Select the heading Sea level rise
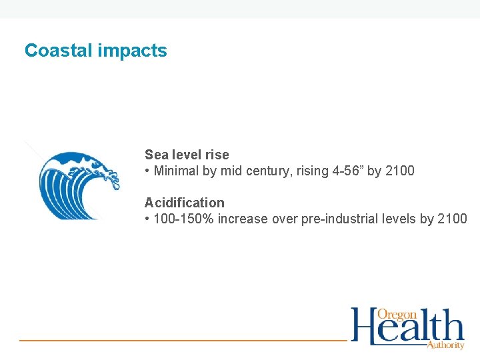187,155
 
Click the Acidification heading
185,203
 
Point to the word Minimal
177,171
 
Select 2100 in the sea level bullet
399,171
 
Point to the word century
264,171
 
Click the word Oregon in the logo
397,314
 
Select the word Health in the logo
407,328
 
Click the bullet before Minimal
147,171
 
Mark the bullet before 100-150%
147,219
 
